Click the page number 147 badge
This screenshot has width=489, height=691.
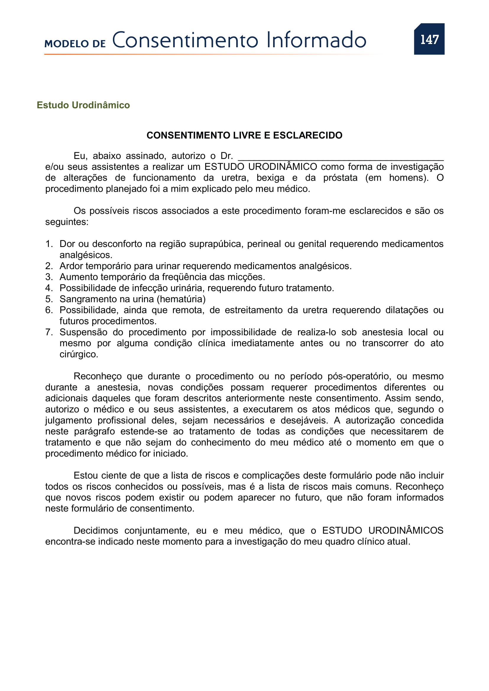[429, 39]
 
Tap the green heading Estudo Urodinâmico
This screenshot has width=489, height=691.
[83, 105]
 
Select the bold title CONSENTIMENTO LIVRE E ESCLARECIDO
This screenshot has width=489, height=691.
[244, 135]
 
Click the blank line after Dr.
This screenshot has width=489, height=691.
[341, 157]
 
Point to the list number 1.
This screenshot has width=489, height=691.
[49, 244]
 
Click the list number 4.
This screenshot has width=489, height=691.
[49, 288]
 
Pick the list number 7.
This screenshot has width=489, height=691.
[49, 332]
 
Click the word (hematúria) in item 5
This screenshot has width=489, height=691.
[181, 299]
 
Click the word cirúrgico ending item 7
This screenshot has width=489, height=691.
[79, 354]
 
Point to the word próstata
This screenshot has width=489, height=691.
[340, 178]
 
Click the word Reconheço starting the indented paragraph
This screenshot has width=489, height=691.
[98, 376]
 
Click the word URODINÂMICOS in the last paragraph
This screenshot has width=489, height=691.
[406, 531]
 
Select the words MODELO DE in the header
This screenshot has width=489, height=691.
[75, 44]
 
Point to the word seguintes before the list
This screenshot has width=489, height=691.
[67, 222]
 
